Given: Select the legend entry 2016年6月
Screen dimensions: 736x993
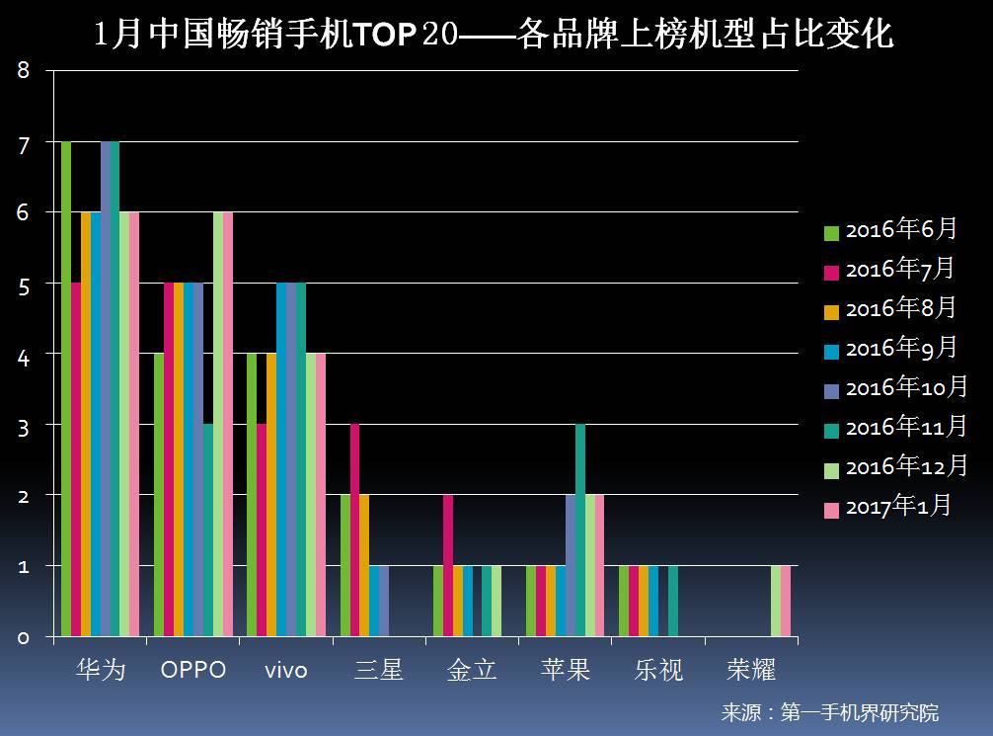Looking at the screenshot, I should (x=889, y=230).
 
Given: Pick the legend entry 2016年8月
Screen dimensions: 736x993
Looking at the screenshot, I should (x=889, y=309).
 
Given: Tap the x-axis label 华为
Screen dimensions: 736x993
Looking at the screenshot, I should (x=101, y=670).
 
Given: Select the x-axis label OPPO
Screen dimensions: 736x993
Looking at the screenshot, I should (x=193, y=670).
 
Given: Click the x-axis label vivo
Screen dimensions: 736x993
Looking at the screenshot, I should (x=286, y=670).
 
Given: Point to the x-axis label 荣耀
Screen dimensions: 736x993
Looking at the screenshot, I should (x=751, y=670).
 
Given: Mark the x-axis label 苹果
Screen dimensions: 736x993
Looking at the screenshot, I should (x=566, y=670).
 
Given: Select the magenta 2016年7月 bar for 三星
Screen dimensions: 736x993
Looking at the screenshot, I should (x=355, y=530).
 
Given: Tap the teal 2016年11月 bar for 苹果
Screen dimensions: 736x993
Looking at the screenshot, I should (x=580, y=530).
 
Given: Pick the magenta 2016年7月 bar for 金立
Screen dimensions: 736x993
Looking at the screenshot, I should (x=448, y=565).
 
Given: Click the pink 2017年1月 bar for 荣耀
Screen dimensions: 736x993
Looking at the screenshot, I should (x=786, y=601).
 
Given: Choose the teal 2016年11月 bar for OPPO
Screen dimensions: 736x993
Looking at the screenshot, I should (x=208, y=530).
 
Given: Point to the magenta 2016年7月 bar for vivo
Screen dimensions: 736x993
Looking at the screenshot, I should (x=262, y=530).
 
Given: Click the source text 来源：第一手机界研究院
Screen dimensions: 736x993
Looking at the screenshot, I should (x=829, y=712).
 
